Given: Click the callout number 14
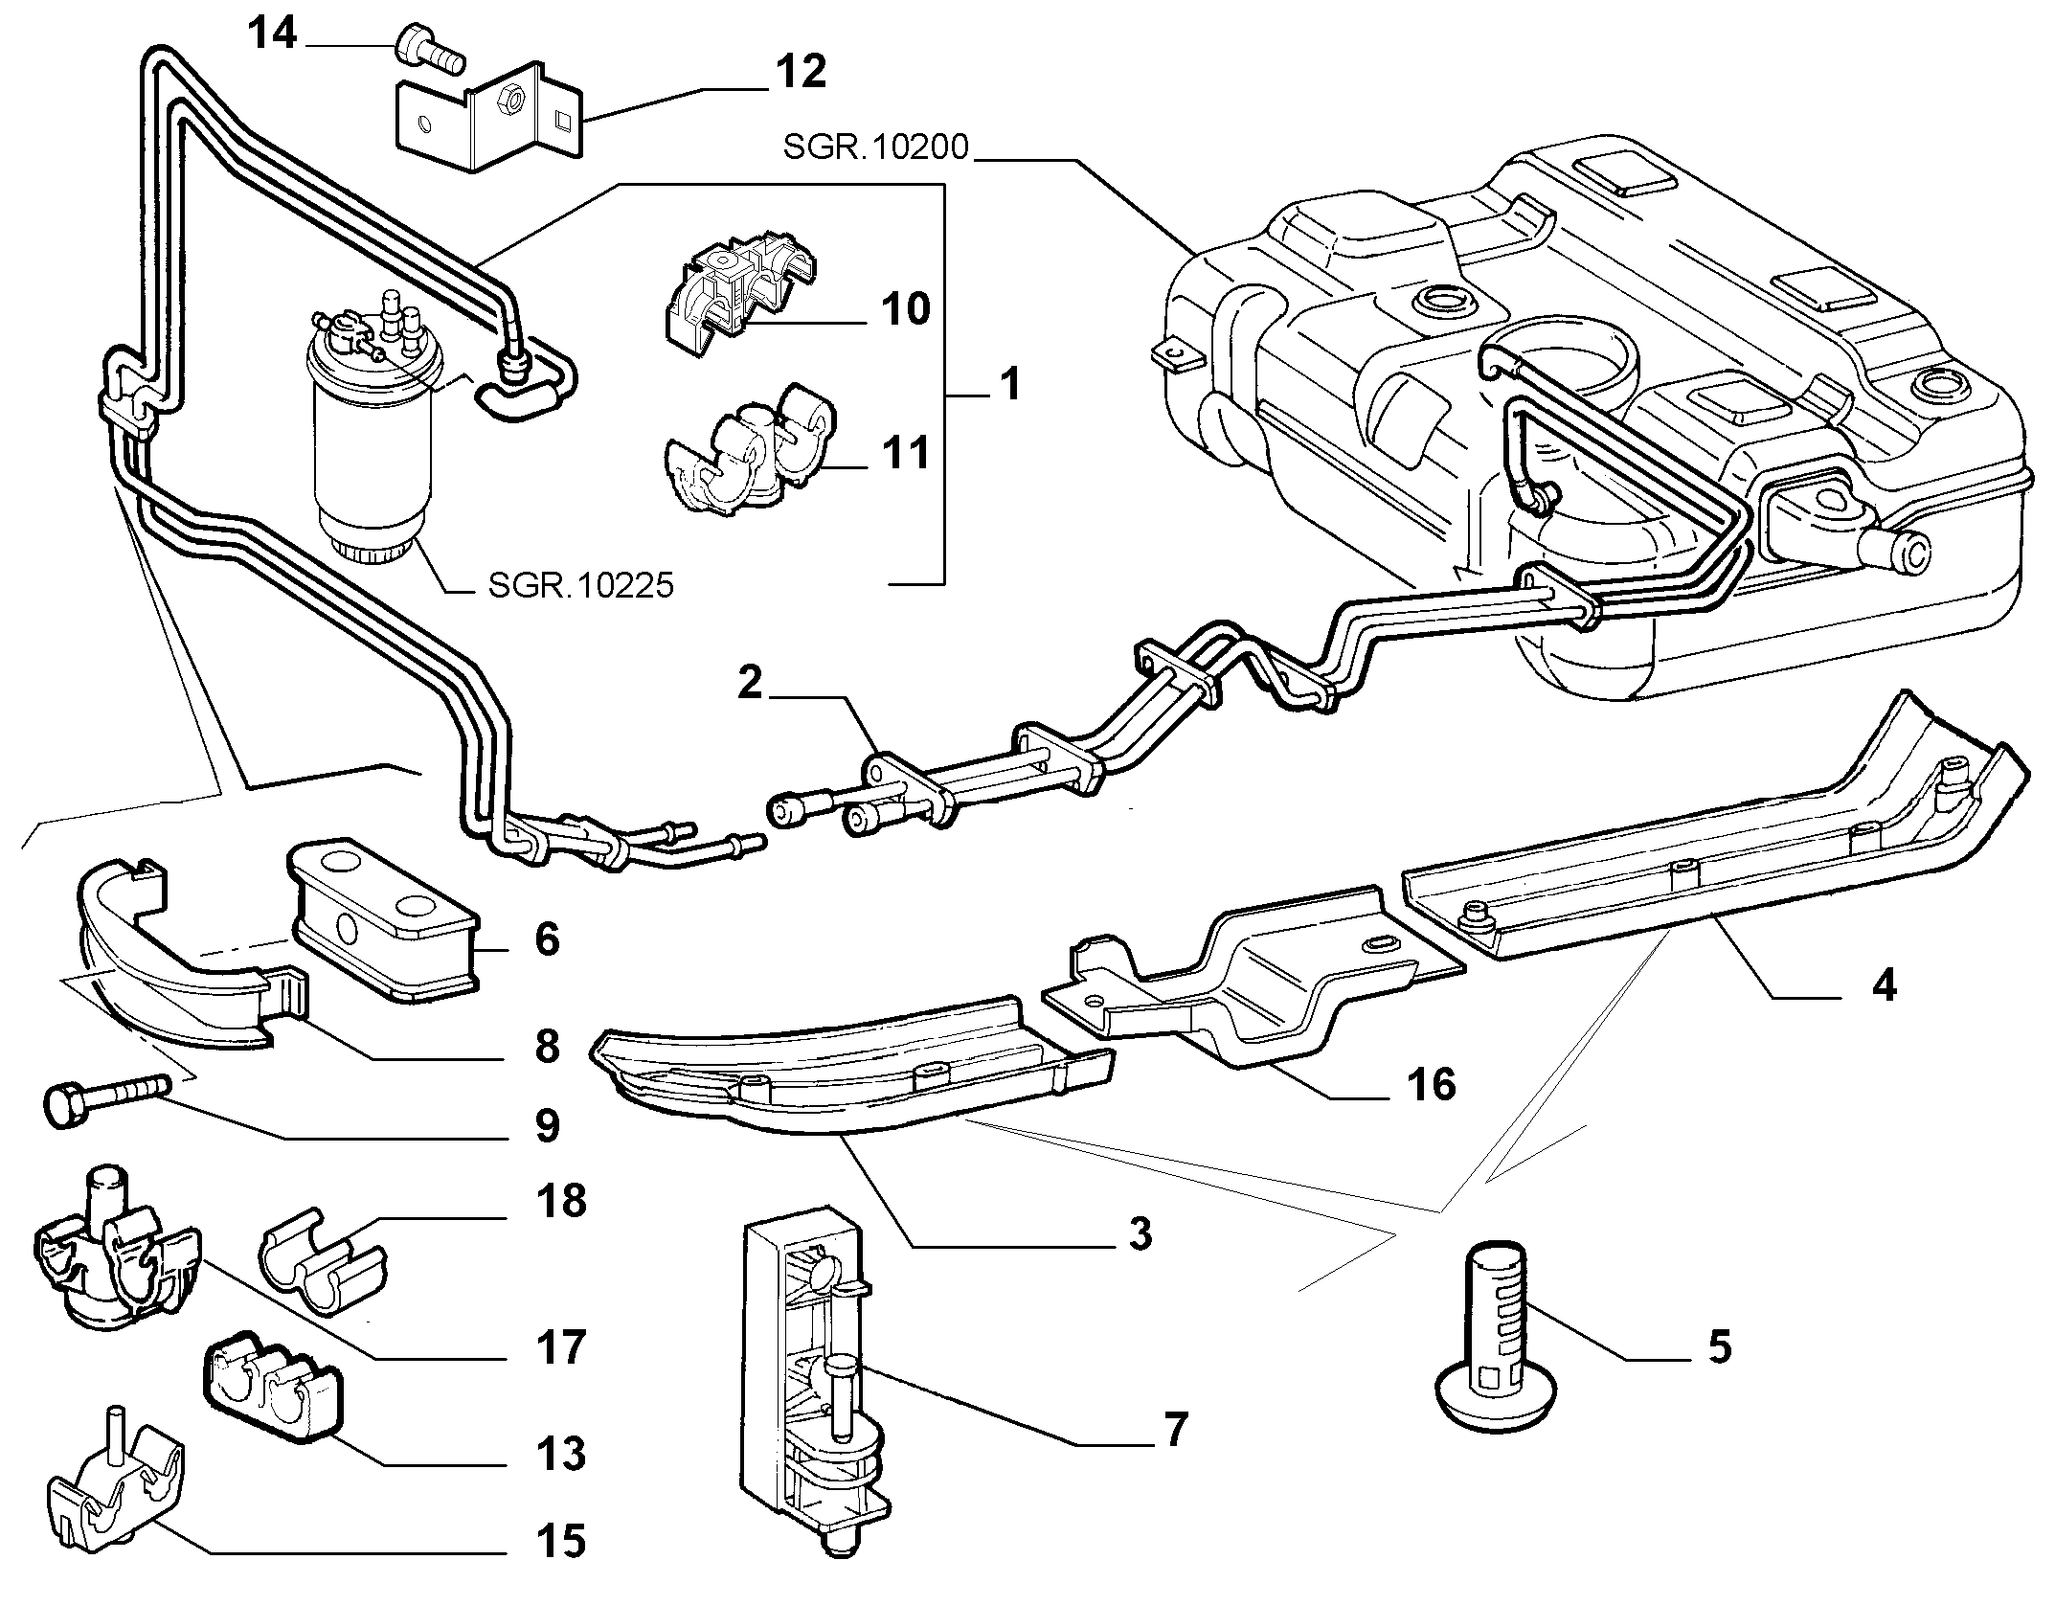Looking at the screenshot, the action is [x=273, y=34].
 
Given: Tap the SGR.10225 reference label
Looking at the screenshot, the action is [x=580, y=584].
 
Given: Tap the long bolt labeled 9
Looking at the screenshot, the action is [x=107, y=1097].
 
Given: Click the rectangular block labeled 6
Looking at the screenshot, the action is [x=383, y=921].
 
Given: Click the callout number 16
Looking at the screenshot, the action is [x=1432, y=1085].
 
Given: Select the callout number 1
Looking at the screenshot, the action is [x=1009, y=385].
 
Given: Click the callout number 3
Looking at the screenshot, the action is [x=1140, y=1234].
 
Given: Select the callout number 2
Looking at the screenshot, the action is [x=750, y=684].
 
